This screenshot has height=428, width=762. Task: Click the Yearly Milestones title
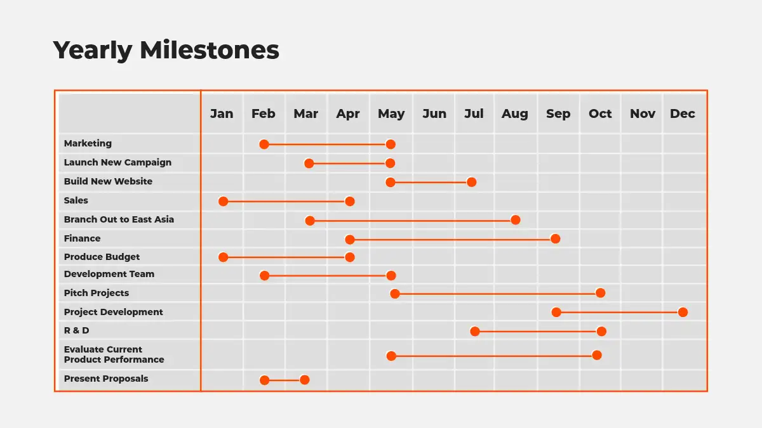(x=166, y=50)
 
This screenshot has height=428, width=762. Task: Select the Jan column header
(x=222, y=113)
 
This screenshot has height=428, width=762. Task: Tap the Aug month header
(x=515, y=113)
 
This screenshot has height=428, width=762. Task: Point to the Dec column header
(x=683, y=113)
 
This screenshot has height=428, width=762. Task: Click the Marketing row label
(x=88, y=143)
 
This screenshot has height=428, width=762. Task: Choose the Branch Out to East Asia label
(x=119, y=219)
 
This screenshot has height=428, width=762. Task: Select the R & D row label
(x=77, y=330)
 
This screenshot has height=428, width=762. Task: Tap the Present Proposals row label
(x=106, y=379)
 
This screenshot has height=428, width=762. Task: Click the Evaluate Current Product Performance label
(x=114, y=354)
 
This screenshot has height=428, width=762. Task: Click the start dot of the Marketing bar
(x=264, y=145)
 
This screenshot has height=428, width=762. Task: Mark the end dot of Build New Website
(x=471, y=182)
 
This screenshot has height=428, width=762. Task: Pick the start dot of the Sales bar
(x=223, y=202)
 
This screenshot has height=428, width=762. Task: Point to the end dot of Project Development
(x=683, y=312)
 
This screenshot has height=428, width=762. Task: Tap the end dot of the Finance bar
(x=555, y=239)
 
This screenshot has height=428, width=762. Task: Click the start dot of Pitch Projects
(x=394, y=294)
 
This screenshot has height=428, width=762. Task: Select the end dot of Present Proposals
(x=304, y=380)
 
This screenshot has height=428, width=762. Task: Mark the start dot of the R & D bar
(x=475, y=331)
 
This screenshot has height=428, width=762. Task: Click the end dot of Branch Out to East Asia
(x=516, y=220)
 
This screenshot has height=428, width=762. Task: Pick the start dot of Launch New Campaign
(x=309, y=164)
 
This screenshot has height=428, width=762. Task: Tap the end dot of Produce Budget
(x=350, y=257)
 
